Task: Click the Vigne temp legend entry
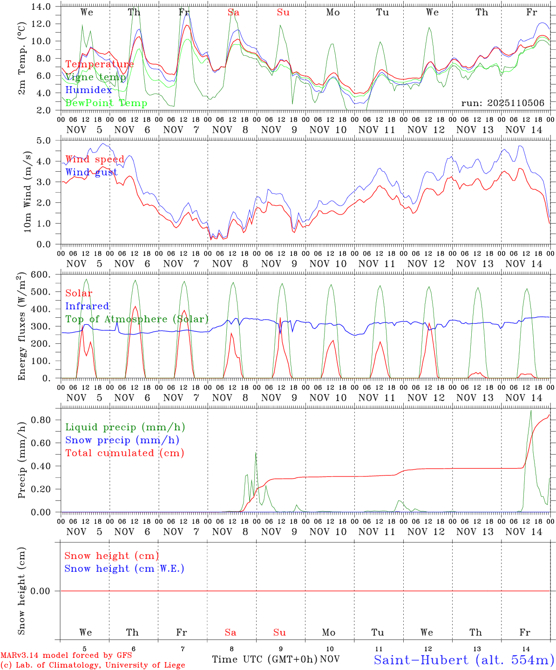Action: click(x=95, y=77)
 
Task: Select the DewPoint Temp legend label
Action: click(x=106, y=103)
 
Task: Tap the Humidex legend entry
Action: click(x=88, y=90)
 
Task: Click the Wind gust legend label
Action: click(x=91, y=172)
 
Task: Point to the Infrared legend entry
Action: click(x=87, y=306)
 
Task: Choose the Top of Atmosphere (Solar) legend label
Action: click(x=137, y=319)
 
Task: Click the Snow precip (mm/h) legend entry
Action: click(x=122, y=440)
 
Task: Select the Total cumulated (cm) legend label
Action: click(x=124, y=453)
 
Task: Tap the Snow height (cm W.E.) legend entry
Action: click(x=124, y=569)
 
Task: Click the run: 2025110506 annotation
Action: click(x=502, y=103)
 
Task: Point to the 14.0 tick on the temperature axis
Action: click(x=43, y=7)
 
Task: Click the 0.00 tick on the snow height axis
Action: click(x=45, y=591)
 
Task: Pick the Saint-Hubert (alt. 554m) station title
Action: click(x=463, y=660)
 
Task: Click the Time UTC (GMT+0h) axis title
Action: click(x=265, y=659)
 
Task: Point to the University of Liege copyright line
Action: click(x=93, y=665)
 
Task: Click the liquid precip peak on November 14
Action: click(x=531, y=410)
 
